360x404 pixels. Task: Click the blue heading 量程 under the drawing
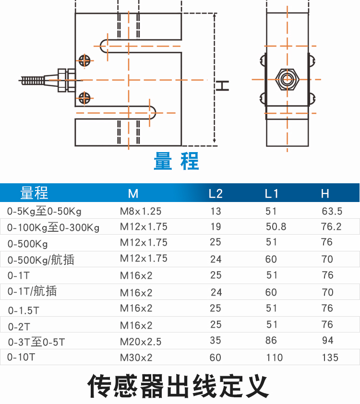pos(176,161)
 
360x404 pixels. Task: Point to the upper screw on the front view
pos(85,60)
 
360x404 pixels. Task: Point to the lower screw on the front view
pos(85,97)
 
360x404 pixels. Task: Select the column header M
pos(133,194)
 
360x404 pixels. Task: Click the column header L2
pos(216,194)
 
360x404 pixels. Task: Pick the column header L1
pos(271,194)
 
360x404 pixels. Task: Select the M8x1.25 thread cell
pos(141,211)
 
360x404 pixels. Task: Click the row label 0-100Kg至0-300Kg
pos(53,227)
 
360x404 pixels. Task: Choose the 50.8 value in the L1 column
pos(276,226)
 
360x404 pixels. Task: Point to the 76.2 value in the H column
pos(332,226)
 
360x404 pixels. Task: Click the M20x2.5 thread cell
pos(141,342)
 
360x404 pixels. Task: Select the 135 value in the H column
pos(330,357)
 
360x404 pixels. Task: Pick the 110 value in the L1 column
pos(275,357)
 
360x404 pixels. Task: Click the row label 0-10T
pos(22,357)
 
